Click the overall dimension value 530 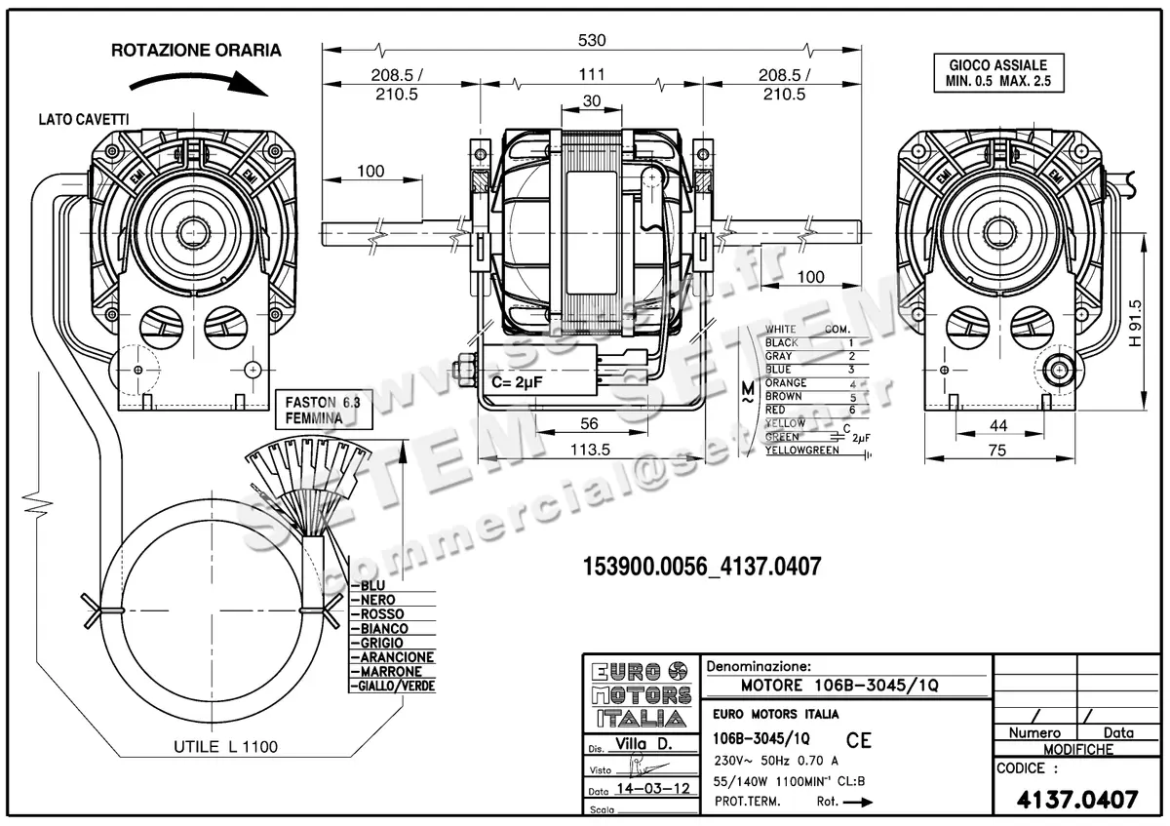[x=592, y=40]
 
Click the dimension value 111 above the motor [x=592, y=74]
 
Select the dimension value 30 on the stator [x=592, y=101]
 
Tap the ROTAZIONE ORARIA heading [x=196, y=50]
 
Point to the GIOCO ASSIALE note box [x=996, y=72]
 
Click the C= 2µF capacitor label [x=516, y=382]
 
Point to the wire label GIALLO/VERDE [x=397, y=687]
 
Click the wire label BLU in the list [x=372, y=586]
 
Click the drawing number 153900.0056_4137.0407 [x=701, y=567]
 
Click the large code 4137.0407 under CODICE [x=1076, y=800]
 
